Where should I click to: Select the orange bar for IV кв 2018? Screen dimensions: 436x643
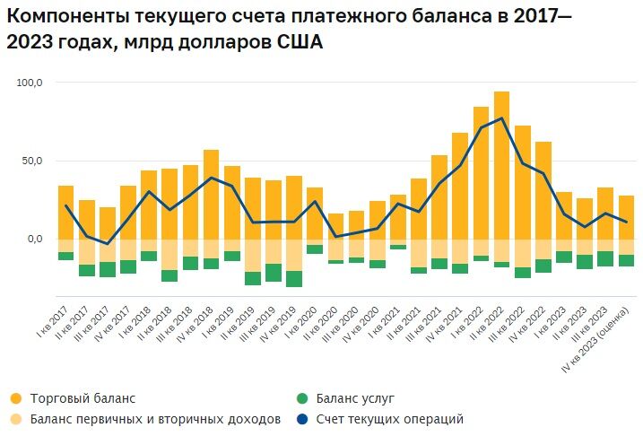point(211,194)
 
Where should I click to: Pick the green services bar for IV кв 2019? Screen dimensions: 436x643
point(294,278)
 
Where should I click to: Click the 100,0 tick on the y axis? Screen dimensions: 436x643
point(30,83)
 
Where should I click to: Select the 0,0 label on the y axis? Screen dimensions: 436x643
point(34,239)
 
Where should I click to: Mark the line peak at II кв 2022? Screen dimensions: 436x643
point(501,118)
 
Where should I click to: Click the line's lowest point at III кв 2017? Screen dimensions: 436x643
point(108,244)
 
